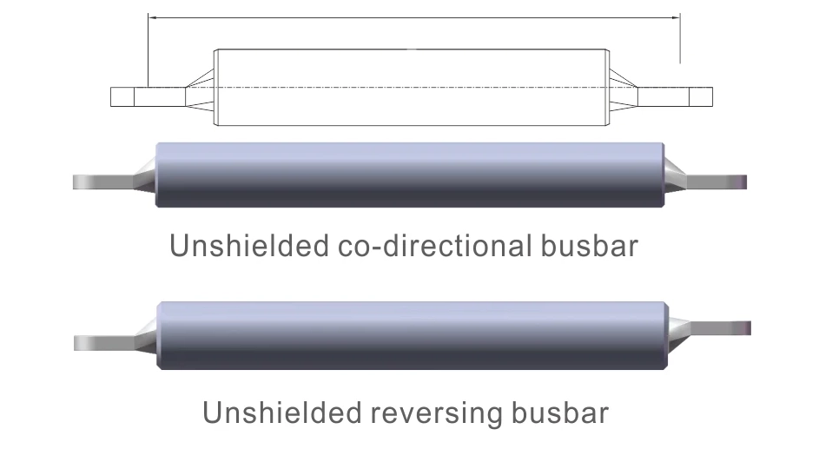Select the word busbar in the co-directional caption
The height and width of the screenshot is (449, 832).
pyautogui.click(x=589, y=245)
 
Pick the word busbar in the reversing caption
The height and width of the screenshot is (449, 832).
pyautogui.click(x=560, y=413)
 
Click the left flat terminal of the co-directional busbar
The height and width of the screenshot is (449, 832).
pyautogui.click(x=103, y=182)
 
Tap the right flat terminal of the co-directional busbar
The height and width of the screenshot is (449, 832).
pyautogui.click(x=716, y=182)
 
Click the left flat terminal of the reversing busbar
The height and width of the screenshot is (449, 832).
pyautogui.click(x=104, y=343)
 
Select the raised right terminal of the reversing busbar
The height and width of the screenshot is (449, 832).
pyautogui.click(x=719, y=328)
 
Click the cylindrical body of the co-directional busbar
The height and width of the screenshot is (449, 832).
pyautogui.click(x=410, y=175)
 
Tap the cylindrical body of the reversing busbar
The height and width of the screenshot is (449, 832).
pyautogui.click(x=413, y=335)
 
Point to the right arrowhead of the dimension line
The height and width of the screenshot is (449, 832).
pyautogui.click(x=676, y=17)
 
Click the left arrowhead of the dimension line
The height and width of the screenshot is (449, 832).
pyautogui.click(x=152, y=17)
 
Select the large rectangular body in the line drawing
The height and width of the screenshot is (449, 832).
pyautogui.click(x=412, y=88)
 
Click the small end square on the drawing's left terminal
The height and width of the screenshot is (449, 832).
pyautogui.click(x=122, y=97)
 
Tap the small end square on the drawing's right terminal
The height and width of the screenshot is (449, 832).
pyautogui.click(x=701, y=97)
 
